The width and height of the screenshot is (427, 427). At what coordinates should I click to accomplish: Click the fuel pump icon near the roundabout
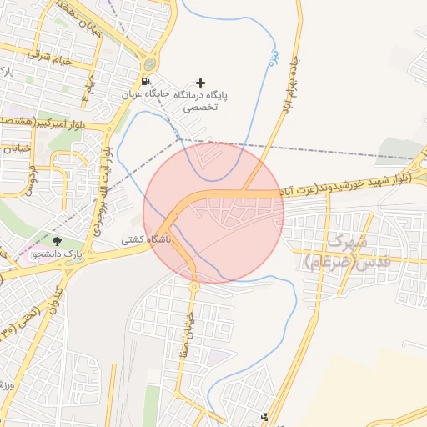(146, 82)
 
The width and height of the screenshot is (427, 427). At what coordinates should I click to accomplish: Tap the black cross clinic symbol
(199, 83)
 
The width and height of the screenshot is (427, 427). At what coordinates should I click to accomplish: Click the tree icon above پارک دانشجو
(57, 241)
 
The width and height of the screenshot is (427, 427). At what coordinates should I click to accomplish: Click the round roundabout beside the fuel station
(149, 63)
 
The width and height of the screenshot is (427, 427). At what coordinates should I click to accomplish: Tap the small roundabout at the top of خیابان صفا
(194, 286)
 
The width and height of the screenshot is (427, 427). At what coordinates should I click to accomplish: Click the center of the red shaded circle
(213, 213)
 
